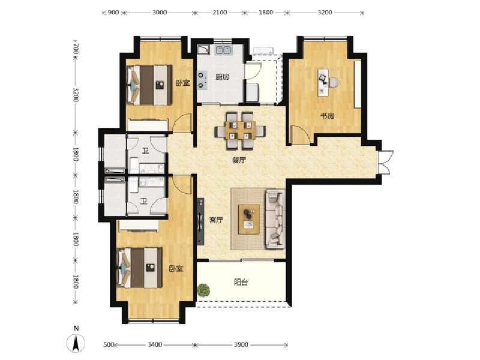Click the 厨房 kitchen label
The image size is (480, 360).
coord(223,77)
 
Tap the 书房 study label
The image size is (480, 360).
coord(327,116)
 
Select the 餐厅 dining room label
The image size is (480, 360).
coord(239,161)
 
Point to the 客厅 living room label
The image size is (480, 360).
coord(216,220)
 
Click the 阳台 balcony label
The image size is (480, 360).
coord(241,282)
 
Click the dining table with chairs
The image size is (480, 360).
coord(240,130)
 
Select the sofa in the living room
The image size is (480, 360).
coord(275,218)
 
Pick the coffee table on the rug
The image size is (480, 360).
coord(249,218)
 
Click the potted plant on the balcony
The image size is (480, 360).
coord(204,290)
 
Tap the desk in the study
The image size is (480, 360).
coord(325,82)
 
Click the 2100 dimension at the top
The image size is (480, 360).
coord(219,12)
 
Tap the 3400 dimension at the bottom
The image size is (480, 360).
coord(155,344)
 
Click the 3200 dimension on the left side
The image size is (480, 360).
coord(75,94)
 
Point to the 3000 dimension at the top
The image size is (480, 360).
coord(159,12)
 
